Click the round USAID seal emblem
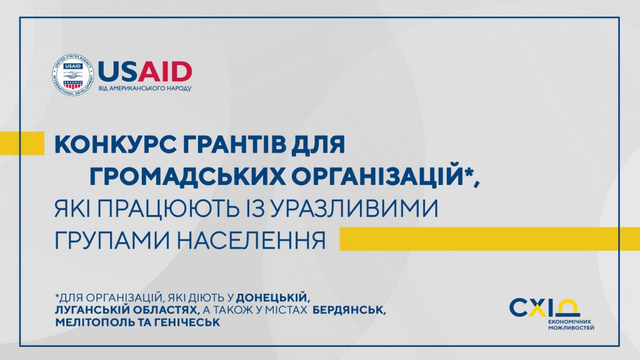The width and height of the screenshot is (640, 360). click(x=73, y=75)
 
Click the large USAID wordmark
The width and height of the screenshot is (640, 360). click(x=145, y=72)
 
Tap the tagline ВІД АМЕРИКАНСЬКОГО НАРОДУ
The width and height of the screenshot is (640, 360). click(x=145, y=88)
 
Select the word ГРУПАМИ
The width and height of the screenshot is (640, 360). click(x=112, y=240)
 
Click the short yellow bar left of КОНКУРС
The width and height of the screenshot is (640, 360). click(x=22, y=143)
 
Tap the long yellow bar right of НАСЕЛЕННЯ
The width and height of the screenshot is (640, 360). click(x=490, y=239)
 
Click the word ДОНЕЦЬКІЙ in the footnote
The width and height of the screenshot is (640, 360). click(x=271, y=297)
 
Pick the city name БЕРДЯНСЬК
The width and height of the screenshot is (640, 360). click(x=349, y=310)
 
